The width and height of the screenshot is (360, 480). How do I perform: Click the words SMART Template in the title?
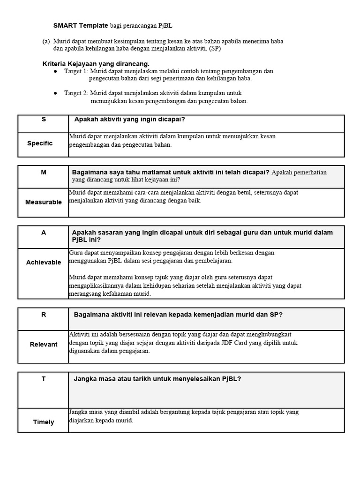pos(81,25)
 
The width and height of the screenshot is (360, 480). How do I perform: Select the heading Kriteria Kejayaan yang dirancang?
pos(96,64)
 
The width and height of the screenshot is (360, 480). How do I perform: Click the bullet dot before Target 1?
pos(55,71)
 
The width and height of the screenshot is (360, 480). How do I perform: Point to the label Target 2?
pos(76,93)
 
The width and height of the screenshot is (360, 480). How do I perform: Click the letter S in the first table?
pos(44,120)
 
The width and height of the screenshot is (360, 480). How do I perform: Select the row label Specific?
pos(40,143)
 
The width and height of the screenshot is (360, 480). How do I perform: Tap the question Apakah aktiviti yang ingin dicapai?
pos(126,120)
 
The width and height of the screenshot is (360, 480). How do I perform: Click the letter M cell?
pos(44,172)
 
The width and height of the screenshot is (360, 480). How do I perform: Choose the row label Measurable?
pos(43,202)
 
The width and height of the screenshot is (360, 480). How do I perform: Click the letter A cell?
pos(44,232)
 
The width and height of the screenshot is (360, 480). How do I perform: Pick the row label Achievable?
pos(43,262)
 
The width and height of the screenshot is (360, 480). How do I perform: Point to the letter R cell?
pos(44,315)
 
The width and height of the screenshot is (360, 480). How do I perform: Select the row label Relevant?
pos(43,345)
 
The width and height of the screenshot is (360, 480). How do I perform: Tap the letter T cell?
pos(44,379)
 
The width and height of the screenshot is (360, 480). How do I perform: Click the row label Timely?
pos(43,422)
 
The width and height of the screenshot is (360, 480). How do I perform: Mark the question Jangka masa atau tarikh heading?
pos(157,379)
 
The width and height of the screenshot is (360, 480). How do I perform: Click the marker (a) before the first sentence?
pos(46,41)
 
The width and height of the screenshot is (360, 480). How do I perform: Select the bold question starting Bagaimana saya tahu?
pos(171,172)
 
